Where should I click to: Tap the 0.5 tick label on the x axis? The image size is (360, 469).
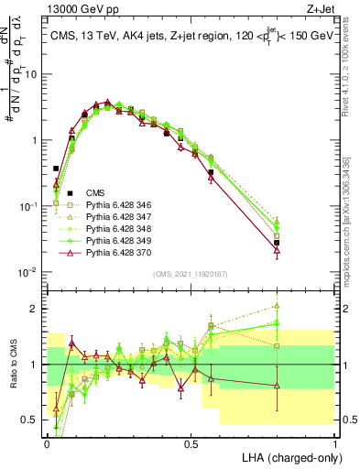click(x=191, y=442)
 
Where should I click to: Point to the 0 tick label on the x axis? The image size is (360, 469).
click(x=47, y=442)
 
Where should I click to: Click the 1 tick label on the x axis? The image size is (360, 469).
click(x=334, y=442)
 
